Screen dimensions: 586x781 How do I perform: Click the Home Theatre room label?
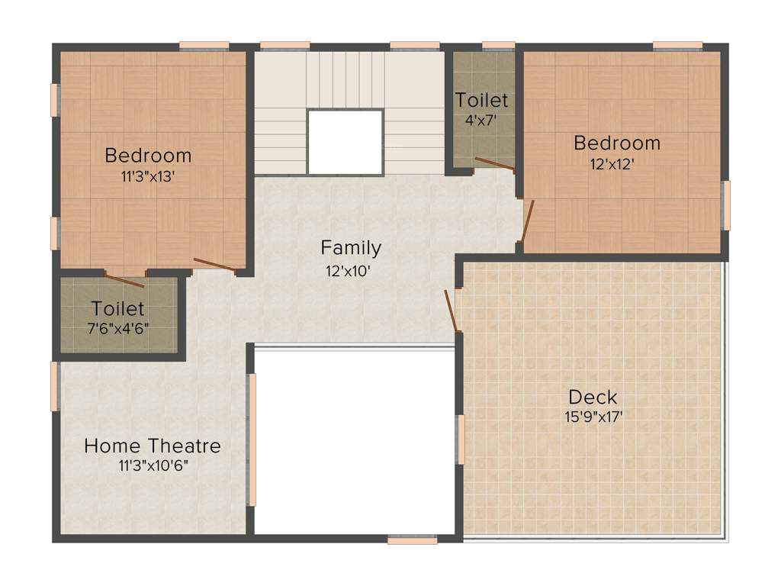tap(153, 446)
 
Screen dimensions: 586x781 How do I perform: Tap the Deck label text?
tap(593, 398)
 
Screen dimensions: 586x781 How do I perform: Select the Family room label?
tap(351, 248)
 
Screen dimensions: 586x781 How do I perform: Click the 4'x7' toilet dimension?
tap(481, 119)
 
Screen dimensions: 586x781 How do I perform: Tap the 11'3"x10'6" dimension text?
tap(153, 465)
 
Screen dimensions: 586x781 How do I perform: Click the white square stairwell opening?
tap(346, 142)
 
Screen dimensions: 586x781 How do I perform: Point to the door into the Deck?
tap(452, 311)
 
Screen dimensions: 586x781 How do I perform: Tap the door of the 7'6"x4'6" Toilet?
tap(124, 281)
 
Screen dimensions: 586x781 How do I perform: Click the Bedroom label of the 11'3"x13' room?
tap(148, 156)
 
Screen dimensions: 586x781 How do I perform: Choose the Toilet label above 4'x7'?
tap(481, 100)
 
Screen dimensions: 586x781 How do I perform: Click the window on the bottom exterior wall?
tap(412, 540)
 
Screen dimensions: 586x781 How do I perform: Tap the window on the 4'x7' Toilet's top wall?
tap(498, 45)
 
